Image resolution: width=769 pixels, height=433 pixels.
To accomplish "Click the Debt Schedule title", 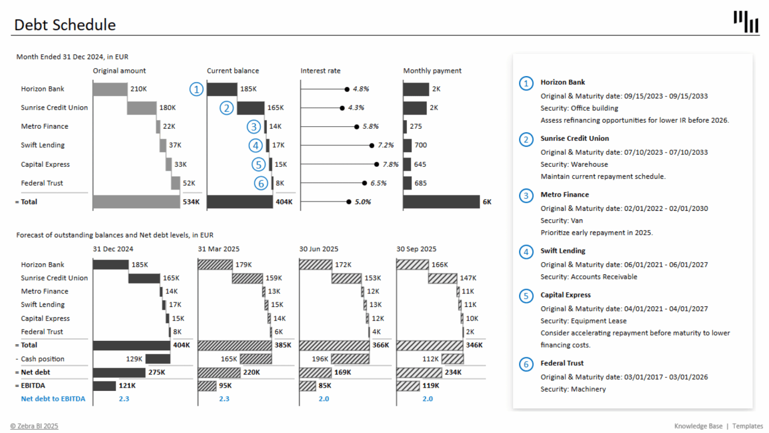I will pos(65,25).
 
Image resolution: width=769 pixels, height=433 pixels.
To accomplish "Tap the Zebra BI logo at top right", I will pos(745,22).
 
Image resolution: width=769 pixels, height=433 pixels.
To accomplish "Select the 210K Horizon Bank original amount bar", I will pos(110,89).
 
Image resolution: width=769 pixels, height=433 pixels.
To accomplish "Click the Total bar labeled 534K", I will pos(136,202).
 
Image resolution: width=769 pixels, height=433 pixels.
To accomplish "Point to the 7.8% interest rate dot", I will pos(376,164).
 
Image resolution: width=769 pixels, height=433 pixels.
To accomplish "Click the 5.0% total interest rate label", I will pos(363,202).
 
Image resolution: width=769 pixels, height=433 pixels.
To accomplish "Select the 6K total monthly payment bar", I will pos(441,202).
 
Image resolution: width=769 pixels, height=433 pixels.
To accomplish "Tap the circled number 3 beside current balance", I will pos(254,127).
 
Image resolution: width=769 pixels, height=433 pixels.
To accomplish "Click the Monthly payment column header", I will pos(432,71).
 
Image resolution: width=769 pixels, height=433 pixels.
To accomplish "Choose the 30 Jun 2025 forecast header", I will pos(318,249).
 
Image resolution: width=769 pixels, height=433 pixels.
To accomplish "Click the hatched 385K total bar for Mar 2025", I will pos(235,345).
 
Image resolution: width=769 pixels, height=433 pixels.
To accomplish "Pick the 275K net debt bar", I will pos(119,372).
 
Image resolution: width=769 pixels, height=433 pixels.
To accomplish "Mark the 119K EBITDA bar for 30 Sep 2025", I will pos(408,386).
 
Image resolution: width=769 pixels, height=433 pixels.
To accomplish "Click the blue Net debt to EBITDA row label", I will pos(53,399).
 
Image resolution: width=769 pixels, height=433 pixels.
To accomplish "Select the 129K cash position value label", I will pos(134,359).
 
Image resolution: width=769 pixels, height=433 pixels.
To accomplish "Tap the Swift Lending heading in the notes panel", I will pos(563,251).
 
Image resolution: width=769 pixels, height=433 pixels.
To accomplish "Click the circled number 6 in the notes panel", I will pos(526,364).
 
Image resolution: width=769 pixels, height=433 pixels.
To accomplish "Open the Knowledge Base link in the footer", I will pos(698,426).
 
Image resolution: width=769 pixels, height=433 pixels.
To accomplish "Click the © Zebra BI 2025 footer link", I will pos(34,426).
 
